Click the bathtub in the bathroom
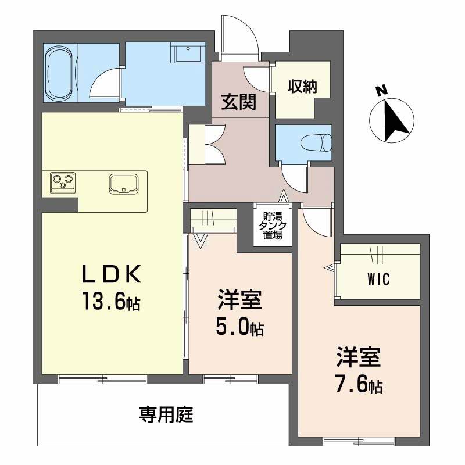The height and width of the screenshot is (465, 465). (60, 72)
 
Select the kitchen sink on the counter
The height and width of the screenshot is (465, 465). (123, 183)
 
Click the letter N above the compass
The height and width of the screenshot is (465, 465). (381, 91)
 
